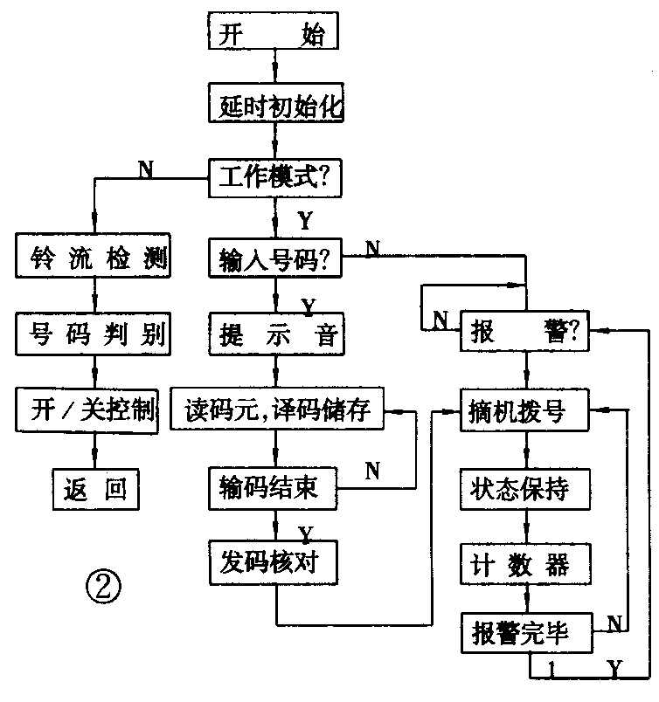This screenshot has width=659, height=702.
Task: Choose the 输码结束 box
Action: [x=273, y=488]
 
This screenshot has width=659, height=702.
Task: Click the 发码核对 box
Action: [x=273, y=562]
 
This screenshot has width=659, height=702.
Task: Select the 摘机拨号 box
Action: [x=525, y=409]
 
